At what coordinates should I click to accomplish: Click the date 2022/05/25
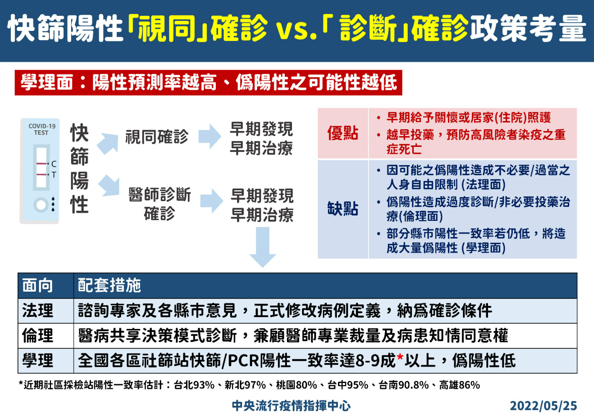click(543, 406)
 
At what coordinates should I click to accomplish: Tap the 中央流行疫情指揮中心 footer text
click(291, 406)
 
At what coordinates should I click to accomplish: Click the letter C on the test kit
click(54, 164)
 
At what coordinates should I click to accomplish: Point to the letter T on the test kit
click(54, 175)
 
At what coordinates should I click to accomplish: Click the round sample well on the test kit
click(41, 205)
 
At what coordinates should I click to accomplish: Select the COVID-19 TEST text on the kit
click(42, 130)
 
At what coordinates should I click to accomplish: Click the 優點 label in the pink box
click(343, 133)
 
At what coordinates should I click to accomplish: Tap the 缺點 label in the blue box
click(343, 208)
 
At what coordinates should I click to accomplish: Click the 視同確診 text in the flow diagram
click(157, 137)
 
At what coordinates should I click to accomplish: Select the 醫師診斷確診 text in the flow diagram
click(160, 204)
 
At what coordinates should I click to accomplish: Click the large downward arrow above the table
click(263, 247)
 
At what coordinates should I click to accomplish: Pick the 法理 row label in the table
click(38, 311)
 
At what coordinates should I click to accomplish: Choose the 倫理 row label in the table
click(38, 336)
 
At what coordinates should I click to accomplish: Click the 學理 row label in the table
click(38, 360)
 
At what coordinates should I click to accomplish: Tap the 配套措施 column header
click(109, 285)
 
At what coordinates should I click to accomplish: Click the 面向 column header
click(38, 285)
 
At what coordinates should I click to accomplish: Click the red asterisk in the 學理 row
click(400, 358)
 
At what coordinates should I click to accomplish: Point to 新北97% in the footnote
click(245, 385)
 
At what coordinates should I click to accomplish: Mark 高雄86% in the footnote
click(459, 385)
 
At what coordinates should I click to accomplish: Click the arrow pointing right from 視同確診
click(210, 136)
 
